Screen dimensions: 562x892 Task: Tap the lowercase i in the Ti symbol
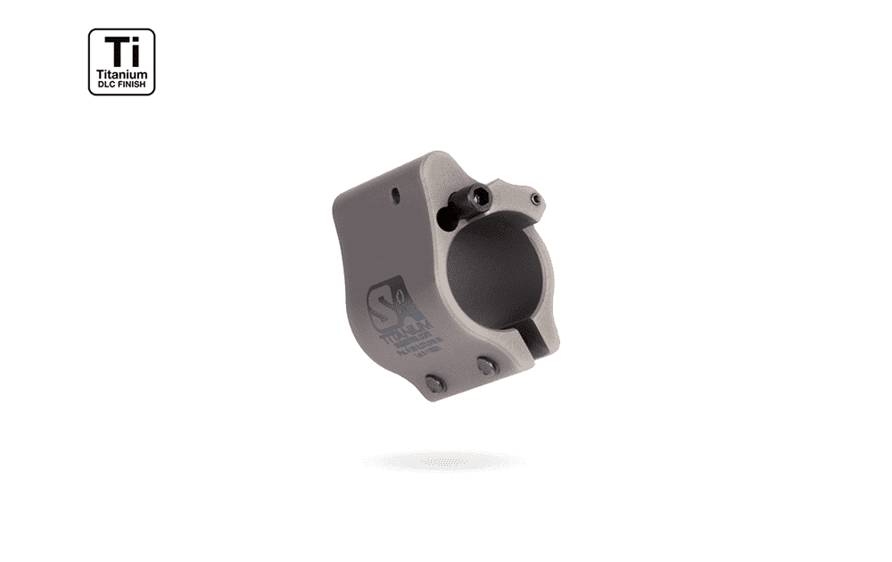135,51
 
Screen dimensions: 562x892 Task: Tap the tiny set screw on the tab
533,198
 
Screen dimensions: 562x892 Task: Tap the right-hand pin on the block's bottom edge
485,364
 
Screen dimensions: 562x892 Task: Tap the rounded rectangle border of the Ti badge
89,62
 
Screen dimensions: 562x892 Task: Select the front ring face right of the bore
550,285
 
